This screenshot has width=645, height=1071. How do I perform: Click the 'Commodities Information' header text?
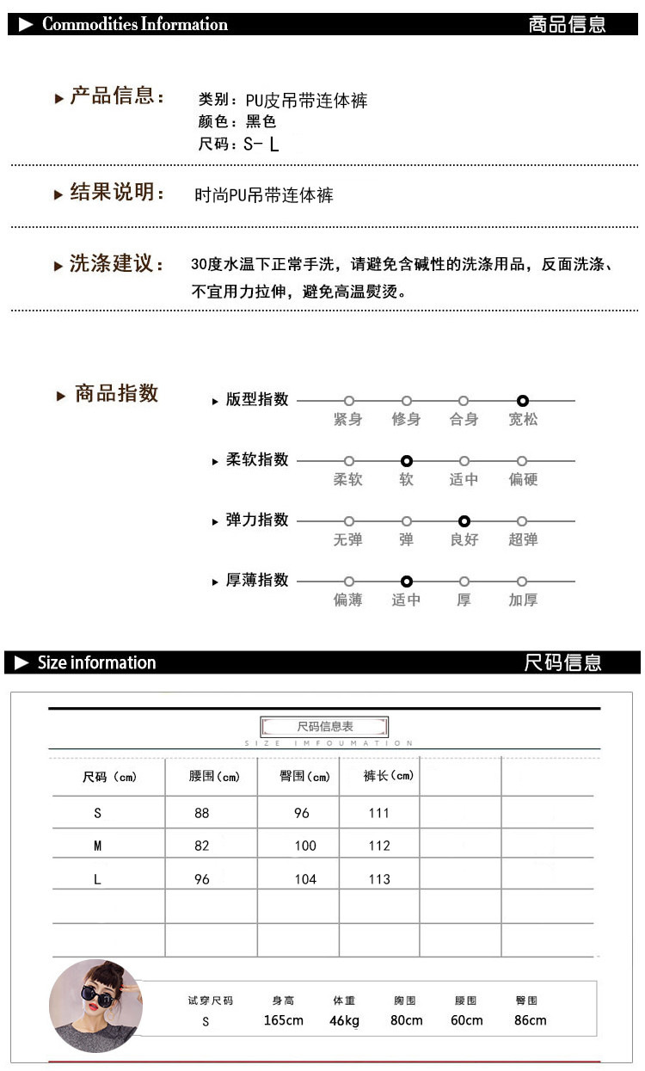[135, 24]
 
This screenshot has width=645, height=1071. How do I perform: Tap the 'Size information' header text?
[96, 662]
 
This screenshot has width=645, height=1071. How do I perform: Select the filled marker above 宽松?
[523, 401]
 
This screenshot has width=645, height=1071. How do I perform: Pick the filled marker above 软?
[407, 461]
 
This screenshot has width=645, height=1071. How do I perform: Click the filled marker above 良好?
[464, 521]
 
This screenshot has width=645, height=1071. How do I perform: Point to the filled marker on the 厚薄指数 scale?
[407, 582]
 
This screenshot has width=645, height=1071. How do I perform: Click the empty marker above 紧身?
[349, 401]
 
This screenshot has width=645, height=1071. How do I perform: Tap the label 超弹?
[523, 540]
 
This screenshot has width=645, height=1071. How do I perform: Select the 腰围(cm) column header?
[214, 776]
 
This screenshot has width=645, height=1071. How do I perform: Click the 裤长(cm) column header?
[389, 776]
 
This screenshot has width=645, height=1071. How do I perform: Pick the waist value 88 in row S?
[202, 813]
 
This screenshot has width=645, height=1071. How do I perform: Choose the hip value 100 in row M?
[305, 846]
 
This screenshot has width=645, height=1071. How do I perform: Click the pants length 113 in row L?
[379, 879]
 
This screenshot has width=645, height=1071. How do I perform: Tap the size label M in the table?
[97, 846]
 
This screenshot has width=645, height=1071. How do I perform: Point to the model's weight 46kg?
[344, 1020]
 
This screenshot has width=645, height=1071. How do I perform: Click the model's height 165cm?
[284, 1020]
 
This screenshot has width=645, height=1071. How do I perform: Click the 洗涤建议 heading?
[117, 264]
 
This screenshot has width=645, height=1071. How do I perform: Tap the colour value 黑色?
[261, 122]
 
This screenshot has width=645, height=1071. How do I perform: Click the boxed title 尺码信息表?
[325, 727]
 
